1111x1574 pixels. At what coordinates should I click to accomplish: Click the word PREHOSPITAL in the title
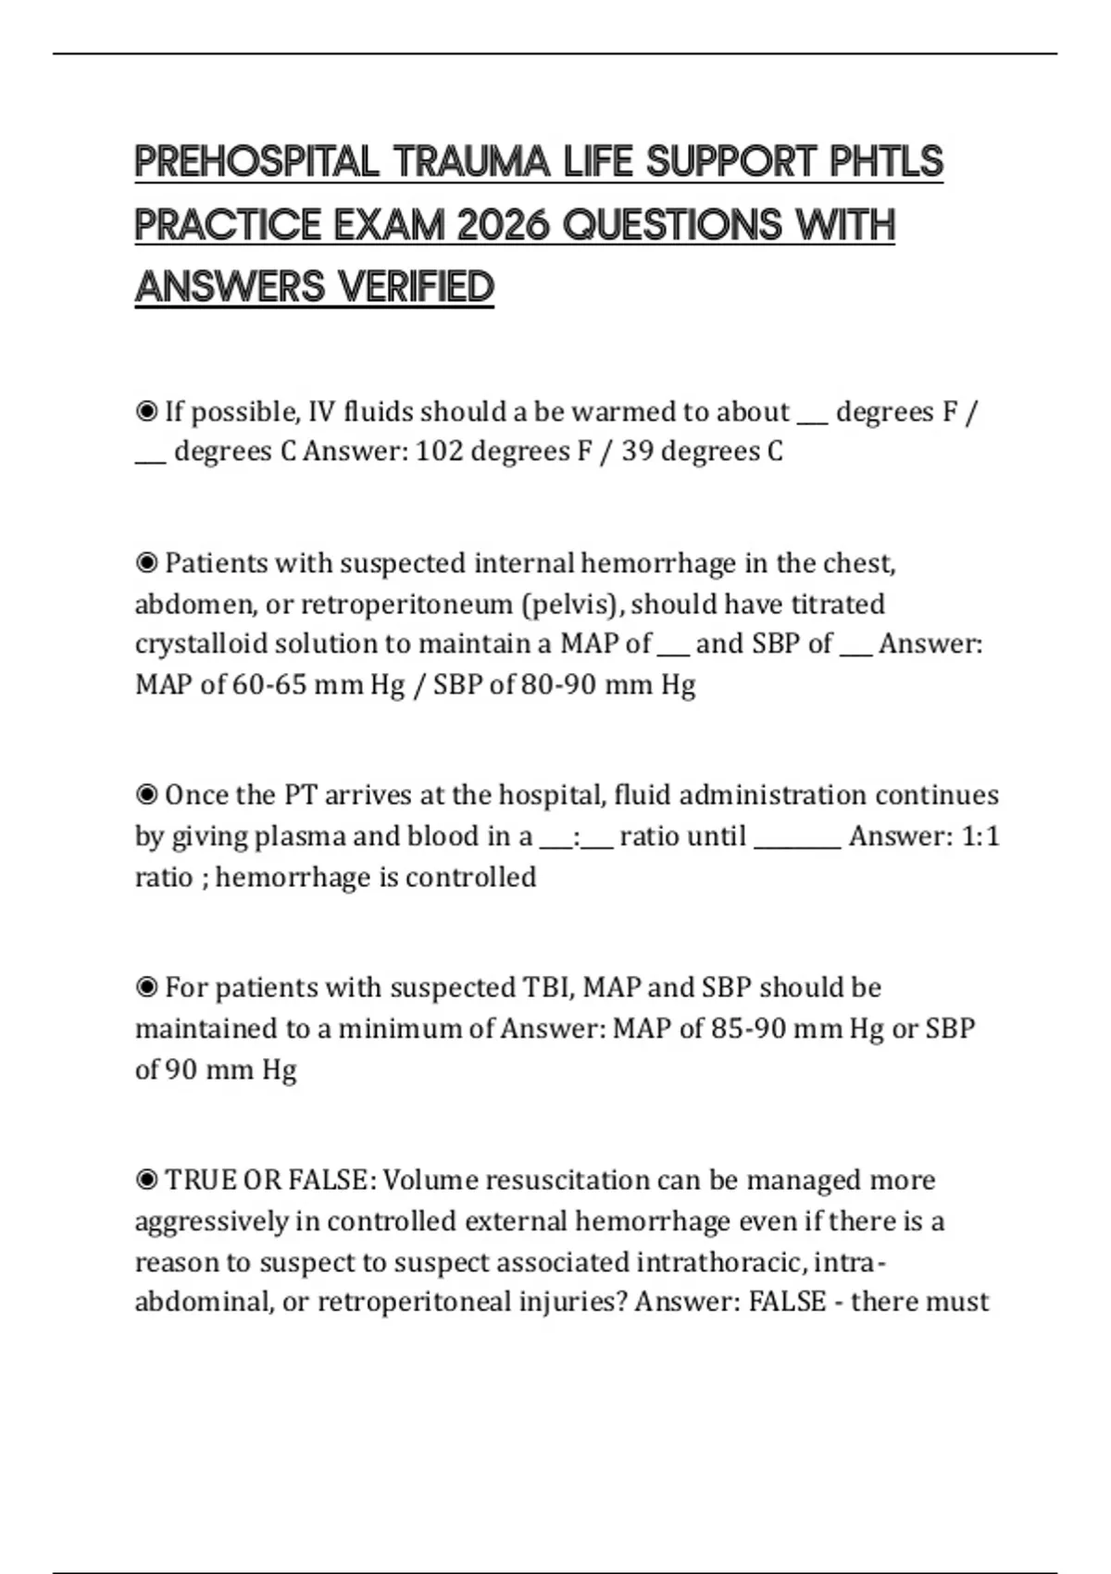pyautogui.click(x=256, y=162)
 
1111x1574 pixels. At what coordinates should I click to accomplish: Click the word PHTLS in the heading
pyautogui.click(x=886, y=162)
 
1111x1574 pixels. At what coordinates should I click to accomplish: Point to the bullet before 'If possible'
pyautogui.click(x=146, y=411)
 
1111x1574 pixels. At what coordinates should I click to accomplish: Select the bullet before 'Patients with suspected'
pyautogui.click(x=146, y=563)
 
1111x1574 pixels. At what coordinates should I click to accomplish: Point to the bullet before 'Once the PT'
pyautogui.click(x=146, y=795)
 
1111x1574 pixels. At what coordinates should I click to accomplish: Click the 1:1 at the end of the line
pyautogui.click(x=980, y=836)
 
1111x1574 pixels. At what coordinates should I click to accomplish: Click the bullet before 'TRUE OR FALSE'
pyautogui.click(x=146, y=1180)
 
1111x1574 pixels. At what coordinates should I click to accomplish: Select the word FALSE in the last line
pyautogui.click(x=787, y=1302)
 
